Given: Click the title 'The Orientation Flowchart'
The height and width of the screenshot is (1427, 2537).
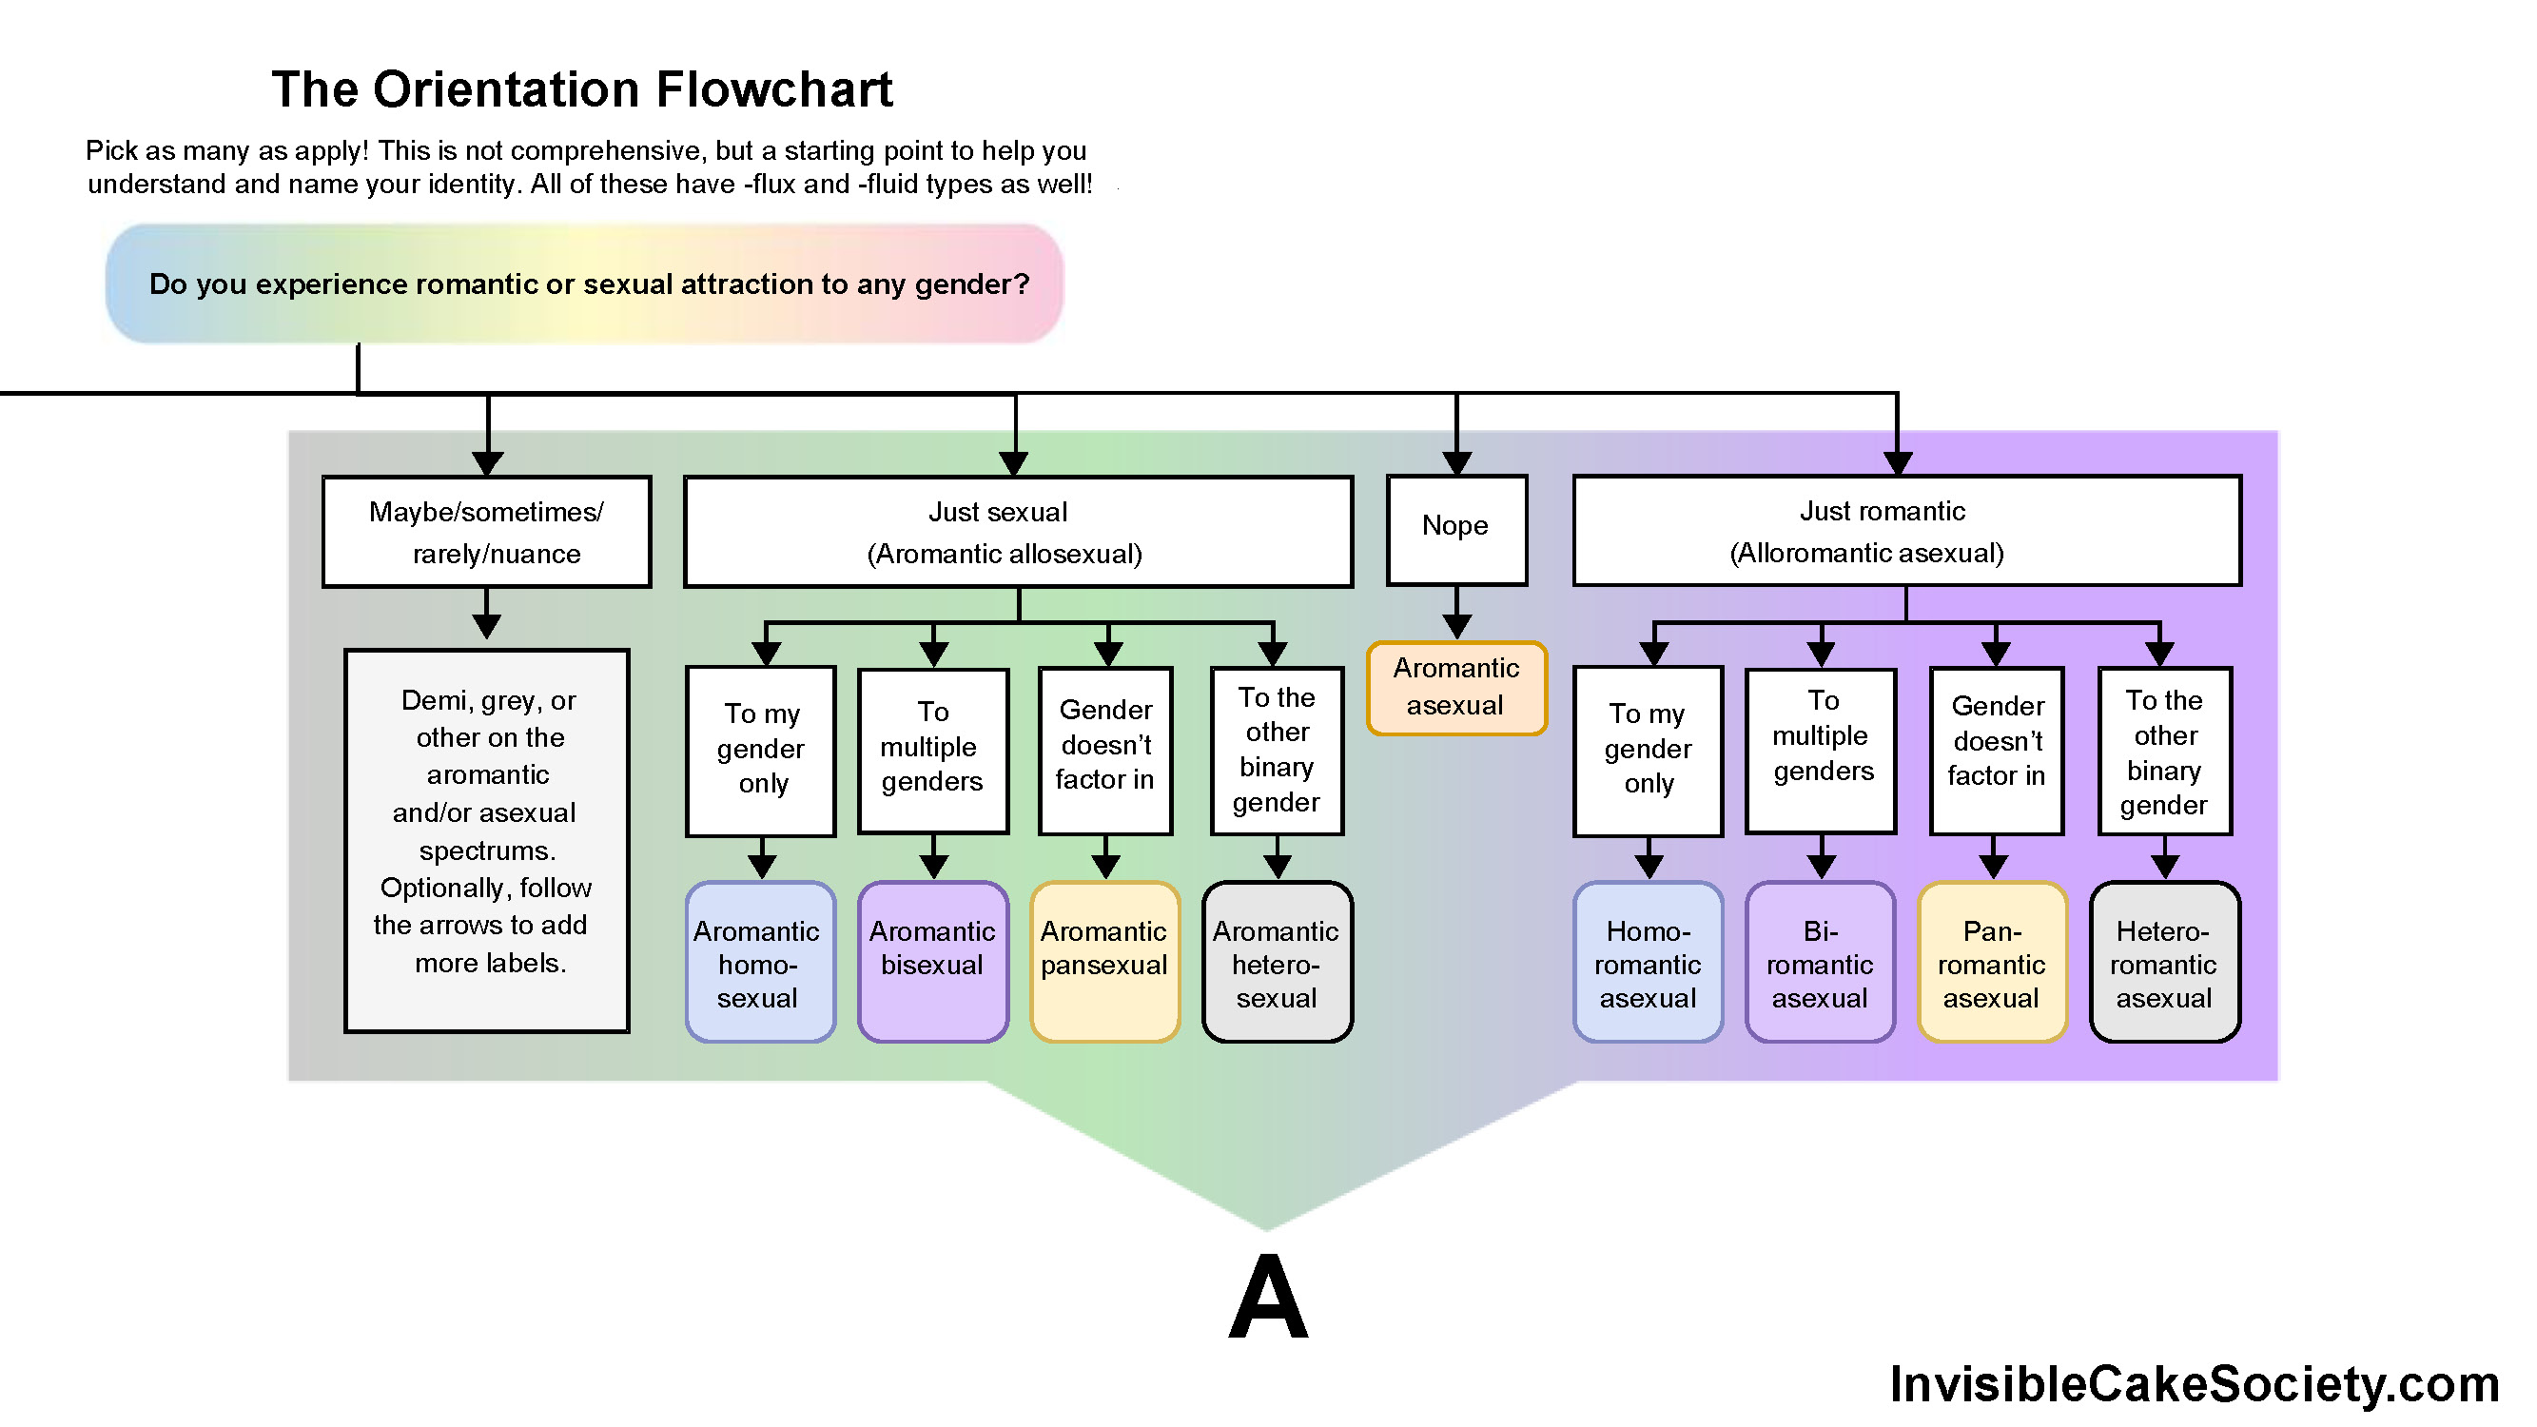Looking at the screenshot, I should point(582,89).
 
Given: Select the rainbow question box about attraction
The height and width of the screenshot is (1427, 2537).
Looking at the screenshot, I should point(584,283).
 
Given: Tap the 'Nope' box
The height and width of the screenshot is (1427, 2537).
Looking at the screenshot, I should point(1456,529).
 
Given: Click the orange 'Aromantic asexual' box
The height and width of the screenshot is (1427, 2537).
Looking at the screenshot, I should point(1456,688).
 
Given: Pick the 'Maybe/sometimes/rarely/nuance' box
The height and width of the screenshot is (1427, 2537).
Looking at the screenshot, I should point(486,532).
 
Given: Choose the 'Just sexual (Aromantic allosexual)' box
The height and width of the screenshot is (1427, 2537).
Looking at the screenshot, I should point(1019,532).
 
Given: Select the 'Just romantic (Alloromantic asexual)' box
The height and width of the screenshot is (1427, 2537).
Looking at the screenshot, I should point(1905,531).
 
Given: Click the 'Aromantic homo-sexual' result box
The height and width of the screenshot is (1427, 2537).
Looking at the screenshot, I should point(760,962).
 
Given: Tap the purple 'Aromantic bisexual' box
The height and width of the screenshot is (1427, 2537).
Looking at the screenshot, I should point(932,962).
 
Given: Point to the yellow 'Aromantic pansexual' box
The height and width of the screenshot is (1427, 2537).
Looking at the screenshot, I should point(1105,962).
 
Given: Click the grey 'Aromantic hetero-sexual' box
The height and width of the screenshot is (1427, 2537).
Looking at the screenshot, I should point(1278,962).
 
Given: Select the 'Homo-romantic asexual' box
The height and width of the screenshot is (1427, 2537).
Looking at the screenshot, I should point(1648,962).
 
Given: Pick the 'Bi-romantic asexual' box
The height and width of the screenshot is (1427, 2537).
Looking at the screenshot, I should point(1820,962).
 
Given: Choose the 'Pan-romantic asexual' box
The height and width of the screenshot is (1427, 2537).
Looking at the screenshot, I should point(1992,962).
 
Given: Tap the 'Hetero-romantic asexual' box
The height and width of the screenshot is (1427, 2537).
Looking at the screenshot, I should point(2165,962).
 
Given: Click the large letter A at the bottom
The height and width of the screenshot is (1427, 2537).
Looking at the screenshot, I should point(1269,1297).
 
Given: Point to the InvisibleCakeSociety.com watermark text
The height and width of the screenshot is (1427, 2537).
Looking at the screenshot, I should point(2195,1383).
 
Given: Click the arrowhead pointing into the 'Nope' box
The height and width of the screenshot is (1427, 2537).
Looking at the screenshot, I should point(1456,463).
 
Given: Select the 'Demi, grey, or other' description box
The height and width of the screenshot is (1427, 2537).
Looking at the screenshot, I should point(486,840).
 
